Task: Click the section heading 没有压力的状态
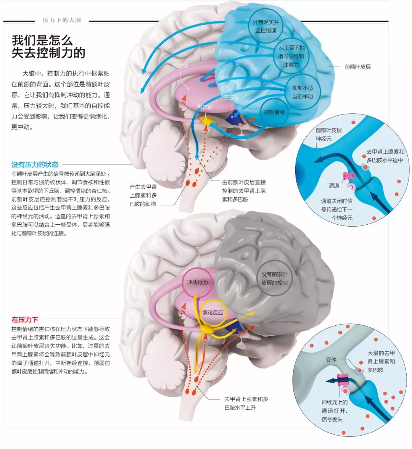click(x=35, y=164)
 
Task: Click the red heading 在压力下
click(x=25, y=319)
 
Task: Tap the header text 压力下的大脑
click(x=62, y=20)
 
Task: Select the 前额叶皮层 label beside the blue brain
click(x=357, y=67)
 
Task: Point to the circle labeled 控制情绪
click(x=274, y=112)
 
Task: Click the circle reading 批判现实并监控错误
click(x=266, y=26)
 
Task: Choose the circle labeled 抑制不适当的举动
click(x=303, y=92)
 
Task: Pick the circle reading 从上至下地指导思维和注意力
click(x=291, y=56)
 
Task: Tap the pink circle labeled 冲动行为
click(x=197, y=282)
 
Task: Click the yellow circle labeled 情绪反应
click(x=212, y=312)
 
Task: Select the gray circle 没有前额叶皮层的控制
click(x=274, y=278)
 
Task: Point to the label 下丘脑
click(x=231, y=97)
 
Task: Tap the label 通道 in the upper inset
click(x=334, y=185)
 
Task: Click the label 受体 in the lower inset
click(x=331, y=359)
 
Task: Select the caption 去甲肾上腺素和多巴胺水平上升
click(x=246, y=403)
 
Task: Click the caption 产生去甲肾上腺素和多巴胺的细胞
click(x=143, y=195)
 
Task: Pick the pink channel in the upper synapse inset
click(x=349, y=176)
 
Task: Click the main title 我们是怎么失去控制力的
click(x=48, y=47)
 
